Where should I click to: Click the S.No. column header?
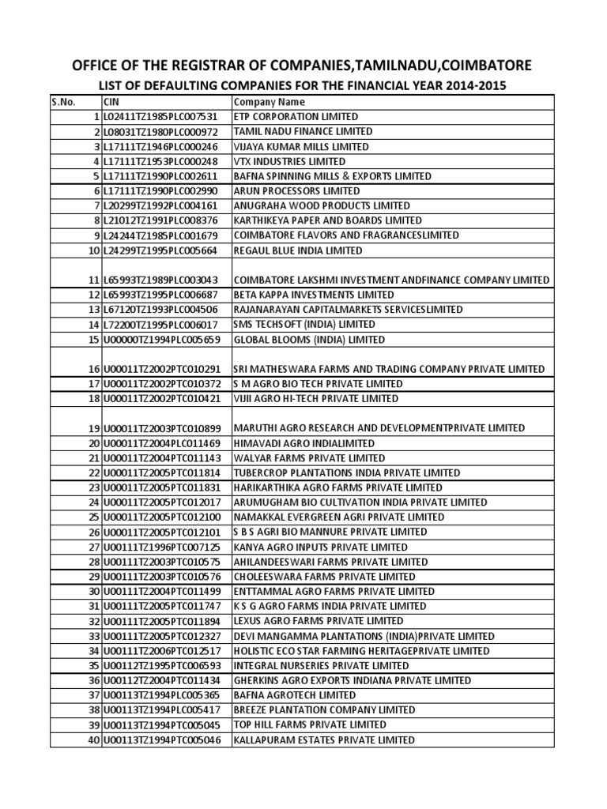click(65, 102)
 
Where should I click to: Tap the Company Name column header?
click(269, 102)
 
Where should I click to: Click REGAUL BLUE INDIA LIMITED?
click(298, 250)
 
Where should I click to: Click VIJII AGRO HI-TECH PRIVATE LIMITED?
click(315, 398)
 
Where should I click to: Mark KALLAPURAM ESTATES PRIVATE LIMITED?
click(323, 740)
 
